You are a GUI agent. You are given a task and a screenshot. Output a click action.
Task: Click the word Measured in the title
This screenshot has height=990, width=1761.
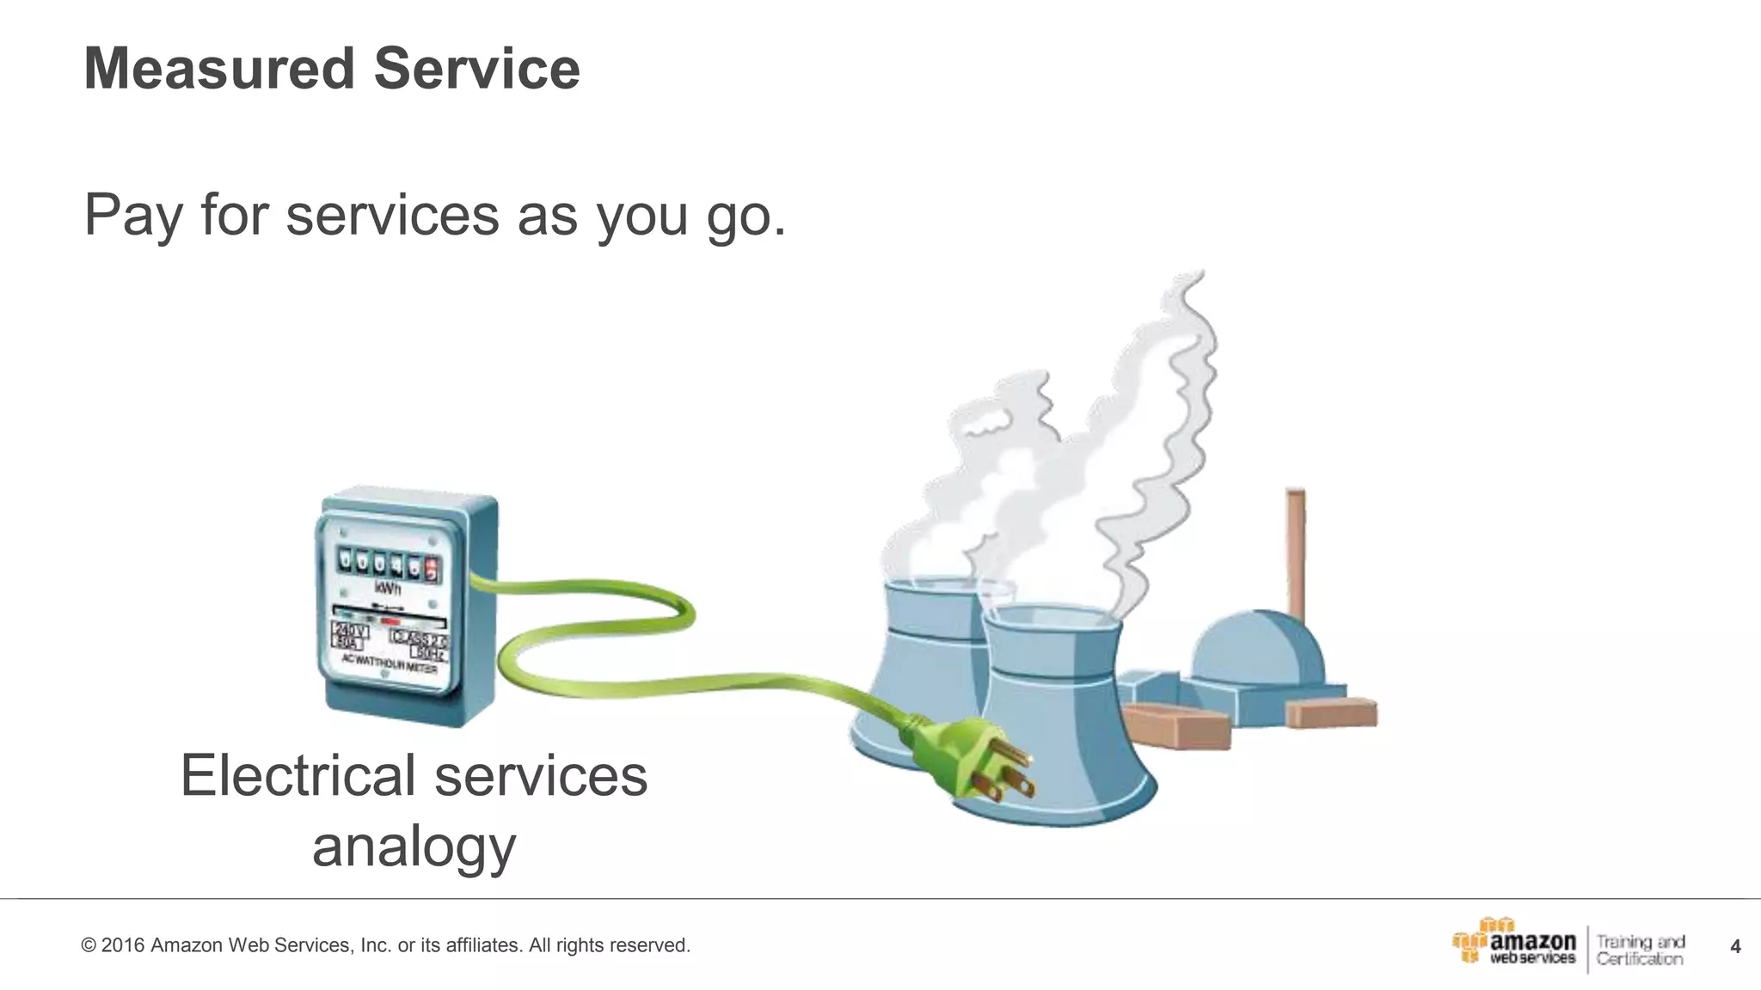pos(218,69)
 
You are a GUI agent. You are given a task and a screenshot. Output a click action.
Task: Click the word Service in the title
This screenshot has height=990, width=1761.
pos(477,69)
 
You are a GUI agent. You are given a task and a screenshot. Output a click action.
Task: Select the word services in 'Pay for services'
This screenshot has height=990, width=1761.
pos(392,215)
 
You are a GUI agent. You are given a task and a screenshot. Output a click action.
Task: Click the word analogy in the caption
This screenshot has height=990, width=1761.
pos(414,846)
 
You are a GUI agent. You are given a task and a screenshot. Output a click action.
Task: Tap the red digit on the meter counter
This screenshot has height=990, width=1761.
pos(432,567)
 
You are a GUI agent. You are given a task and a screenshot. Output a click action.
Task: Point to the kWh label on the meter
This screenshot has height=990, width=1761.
pos(388,590)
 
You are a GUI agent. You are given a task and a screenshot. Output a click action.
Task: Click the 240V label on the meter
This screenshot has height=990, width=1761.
pos(350,632)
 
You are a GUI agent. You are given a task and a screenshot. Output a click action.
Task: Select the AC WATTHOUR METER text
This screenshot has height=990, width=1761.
pos(390,663)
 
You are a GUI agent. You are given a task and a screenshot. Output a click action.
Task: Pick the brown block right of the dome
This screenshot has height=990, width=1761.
pos(1331,713)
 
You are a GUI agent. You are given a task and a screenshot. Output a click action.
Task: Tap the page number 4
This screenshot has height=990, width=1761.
pos(1735,947)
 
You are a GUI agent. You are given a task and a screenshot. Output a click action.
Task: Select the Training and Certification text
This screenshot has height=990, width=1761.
pos(1640,950)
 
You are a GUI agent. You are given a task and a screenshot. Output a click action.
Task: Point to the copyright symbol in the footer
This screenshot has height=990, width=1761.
pos(88,946)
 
